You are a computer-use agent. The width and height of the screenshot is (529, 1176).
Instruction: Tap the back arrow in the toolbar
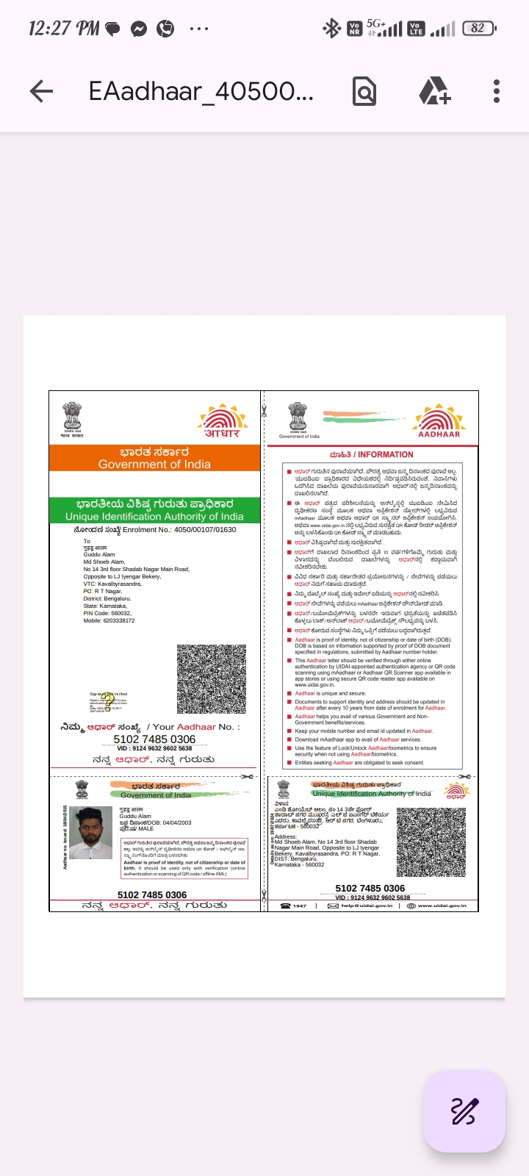(42, 91)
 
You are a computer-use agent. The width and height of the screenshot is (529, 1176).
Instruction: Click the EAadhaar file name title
(201, 91)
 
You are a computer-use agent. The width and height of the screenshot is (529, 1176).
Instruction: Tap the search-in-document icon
(364, 91)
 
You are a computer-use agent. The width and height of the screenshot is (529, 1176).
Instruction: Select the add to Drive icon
(434, 91)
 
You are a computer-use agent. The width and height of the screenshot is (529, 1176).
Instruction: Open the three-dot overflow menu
(497, 91)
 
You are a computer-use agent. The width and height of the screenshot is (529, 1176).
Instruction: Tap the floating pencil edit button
(464, 1111)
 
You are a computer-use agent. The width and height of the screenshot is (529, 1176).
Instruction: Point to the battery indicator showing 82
(479, 29)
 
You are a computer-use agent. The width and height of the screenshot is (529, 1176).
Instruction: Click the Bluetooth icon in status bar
(332, 29)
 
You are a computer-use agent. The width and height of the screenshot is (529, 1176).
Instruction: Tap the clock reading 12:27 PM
(63, 29)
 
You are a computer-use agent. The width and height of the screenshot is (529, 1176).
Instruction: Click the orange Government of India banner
(154, 458)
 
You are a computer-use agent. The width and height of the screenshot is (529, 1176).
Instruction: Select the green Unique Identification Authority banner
(154, 510)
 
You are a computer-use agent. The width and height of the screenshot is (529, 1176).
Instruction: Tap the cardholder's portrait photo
(90, 833)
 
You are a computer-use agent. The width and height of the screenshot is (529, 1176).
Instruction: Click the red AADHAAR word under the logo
(439, 434)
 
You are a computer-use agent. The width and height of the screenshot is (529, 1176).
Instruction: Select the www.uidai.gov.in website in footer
(442, 906)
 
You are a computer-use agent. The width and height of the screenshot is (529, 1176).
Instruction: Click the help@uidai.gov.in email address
(367, 906)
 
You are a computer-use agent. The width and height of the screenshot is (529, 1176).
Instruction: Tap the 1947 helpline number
(299, 906)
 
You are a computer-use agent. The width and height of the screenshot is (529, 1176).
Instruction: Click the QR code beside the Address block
(431, 842)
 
